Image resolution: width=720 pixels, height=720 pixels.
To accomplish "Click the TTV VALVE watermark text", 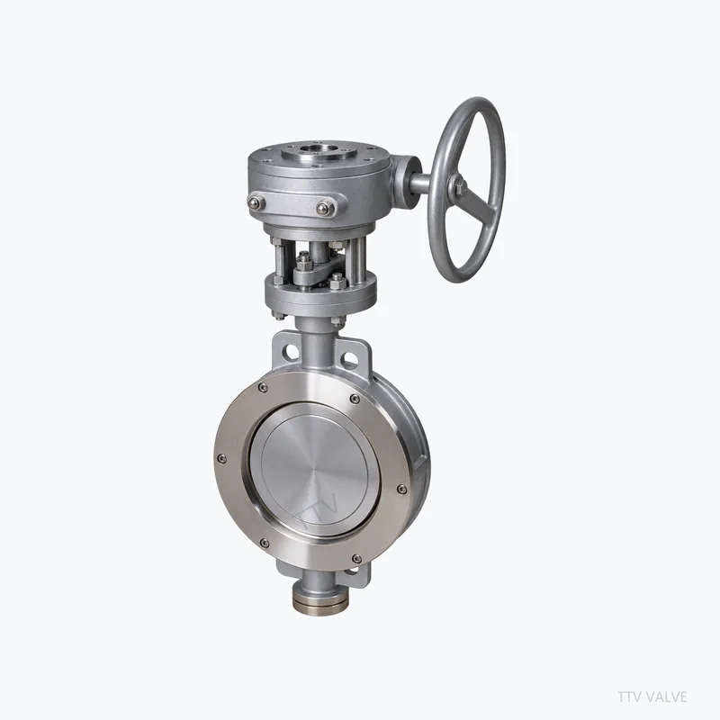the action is tap(652, 697).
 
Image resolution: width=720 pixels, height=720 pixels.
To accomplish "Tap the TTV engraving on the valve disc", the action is tap(319, 512).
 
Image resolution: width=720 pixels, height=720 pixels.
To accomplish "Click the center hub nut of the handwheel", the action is tap(459, 186).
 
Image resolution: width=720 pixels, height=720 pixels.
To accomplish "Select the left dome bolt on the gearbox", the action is tap(256, 202).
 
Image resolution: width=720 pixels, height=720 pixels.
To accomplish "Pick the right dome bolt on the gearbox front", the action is tap(325, 209).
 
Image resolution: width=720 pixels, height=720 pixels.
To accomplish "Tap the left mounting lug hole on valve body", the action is tap(291, 353).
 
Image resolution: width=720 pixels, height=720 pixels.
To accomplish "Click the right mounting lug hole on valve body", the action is tap(350, 358).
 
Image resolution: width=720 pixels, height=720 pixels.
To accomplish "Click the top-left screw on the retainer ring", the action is tap(263, 388).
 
